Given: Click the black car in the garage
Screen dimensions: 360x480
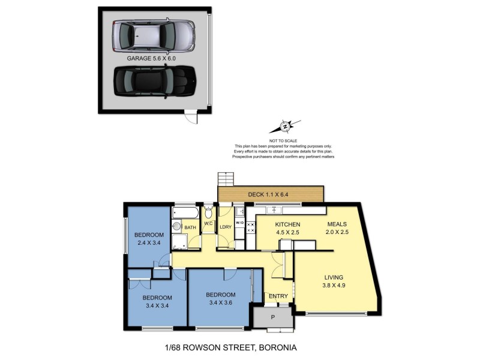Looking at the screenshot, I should click(155, 82).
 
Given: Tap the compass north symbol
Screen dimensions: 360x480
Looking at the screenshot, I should click(284, 127).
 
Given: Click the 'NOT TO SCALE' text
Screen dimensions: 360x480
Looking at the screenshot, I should click(283, 140).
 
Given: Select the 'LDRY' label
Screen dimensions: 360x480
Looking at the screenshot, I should click(226, 227).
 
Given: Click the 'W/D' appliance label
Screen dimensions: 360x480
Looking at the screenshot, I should click(239, 223).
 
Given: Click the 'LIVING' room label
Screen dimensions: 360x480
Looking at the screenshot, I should click(334, 277).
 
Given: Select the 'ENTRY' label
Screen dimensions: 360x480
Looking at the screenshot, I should click(278, 296).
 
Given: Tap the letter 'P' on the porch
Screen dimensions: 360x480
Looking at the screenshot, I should click(273, 317).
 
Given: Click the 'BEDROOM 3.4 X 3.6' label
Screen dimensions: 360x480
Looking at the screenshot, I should click(220, 299).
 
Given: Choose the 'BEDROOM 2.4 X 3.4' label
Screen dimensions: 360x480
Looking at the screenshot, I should click(149, 238).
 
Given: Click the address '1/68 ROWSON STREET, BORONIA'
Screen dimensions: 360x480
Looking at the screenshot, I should click(231, 347).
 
